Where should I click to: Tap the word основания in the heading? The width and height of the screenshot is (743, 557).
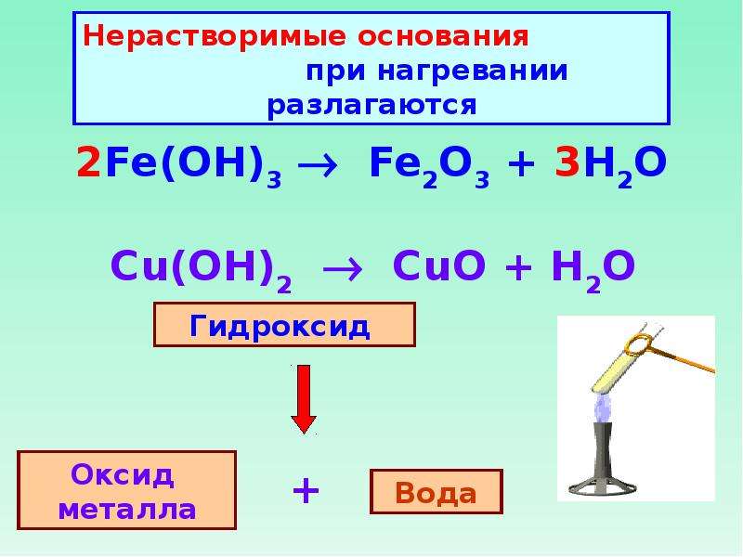coord(443,36)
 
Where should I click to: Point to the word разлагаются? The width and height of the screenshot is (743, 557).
coord(371,105)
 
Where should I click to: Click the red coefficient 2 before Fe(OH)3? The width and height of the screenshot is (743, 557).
coord(88,162)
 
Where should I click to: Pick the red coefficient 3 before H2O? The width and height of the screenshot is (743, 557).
coord(567,162)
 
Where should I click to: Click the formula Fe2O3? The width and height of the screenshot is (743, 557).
coord(429,167)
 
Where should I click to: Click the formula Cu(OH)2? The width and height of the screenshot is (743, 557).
coord(201,270)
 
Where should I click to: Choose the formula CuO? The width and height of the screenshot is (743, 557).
coord(439,266)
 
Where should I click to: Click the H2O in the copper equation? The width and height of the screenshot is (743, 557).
coord(593,271)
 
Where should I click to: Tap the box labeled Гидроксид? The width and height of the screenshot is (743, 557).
coord(285,325)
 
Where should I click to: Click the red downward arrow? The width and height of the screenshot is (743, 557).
coord(304,399)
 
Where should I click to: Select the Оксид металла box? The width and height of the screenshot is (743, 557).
coord(127,490)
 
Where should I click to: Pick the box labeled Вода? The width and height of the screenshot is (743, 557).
coord(436,492)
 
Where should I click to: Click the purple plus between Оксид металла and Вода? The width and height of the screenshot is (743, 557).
coord(306,491)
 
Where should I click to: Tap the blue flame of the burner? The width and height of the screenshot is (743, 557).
coord(603,408)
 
